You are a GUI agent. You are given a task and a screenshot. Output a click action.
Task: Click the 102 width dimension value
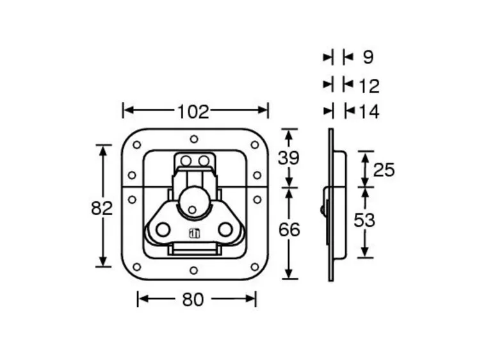193,111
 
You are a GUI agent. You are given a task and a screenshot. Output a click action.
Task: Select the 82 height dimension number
102,208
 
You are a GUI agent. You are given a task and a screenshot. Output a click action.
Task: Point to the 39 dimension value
289,158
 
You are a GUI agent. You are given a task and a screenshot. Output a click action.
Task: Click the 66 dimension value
289,229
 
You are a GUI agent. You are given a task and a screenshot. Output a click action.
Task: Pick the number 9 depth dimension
368,58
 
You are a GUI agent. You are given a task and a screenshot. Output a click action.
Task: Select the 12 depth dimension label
370,85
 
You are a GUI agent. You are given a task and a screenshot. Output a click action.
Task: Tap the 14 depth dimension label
370,112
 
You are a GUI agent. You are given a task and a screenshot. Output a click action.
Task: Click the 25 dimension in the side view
384,170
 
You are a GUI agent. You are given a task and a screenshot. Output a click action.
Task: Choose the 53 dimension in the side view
364,220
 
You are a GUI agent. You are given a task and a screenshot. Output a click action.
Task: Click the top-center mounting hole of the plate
194,139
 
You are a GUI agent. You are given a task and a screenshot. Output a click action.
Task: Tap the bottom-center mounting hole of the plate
194,270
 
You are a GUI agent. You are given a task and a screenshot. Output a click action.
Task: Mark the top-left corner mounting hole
136,145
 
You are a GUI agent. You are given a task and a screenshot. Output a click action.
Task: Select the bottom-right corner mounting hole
254,266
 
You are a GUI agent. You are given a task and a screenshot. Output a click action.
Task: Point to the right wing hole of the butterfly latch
225,229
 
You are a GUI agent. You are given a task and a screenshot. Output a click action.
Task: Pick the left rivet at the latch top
186,159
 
